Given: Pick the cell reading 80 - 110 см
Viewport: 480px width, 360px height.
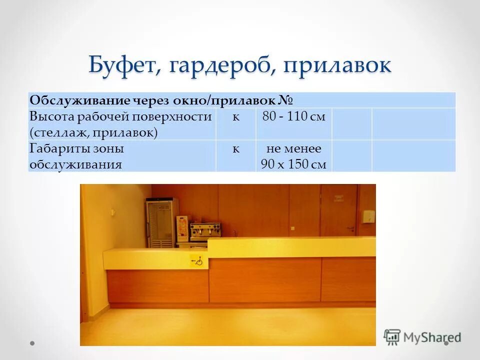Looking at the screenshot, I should [293, 117].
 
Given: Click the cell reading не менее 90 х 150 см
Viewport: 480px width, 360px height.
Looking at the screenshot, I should [293, 156].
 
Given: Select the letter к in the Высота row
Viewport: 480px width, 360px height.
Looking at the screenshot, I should [235, 117].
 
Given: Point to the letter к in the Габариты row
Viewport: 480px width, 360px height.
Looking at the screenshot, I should [235, 149].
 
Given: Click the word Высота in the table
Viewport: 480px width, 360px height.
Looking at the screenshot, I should [52, 117].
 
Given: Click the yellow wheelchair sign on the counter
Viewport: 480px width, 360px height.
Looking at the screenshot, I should [196, 260].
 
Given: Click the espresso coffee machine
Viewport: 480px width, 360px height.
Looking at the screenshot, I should [204, 231].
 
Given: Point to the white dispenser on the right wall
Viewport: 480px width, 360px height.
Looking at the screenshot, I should [369, 216].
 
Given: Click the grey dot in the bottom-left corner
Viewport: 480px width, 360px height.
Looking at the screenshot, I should [32, 343].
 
